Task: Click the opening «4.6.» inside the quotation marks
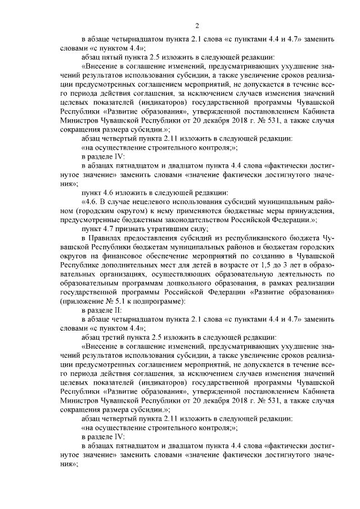tap(91, 200)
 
